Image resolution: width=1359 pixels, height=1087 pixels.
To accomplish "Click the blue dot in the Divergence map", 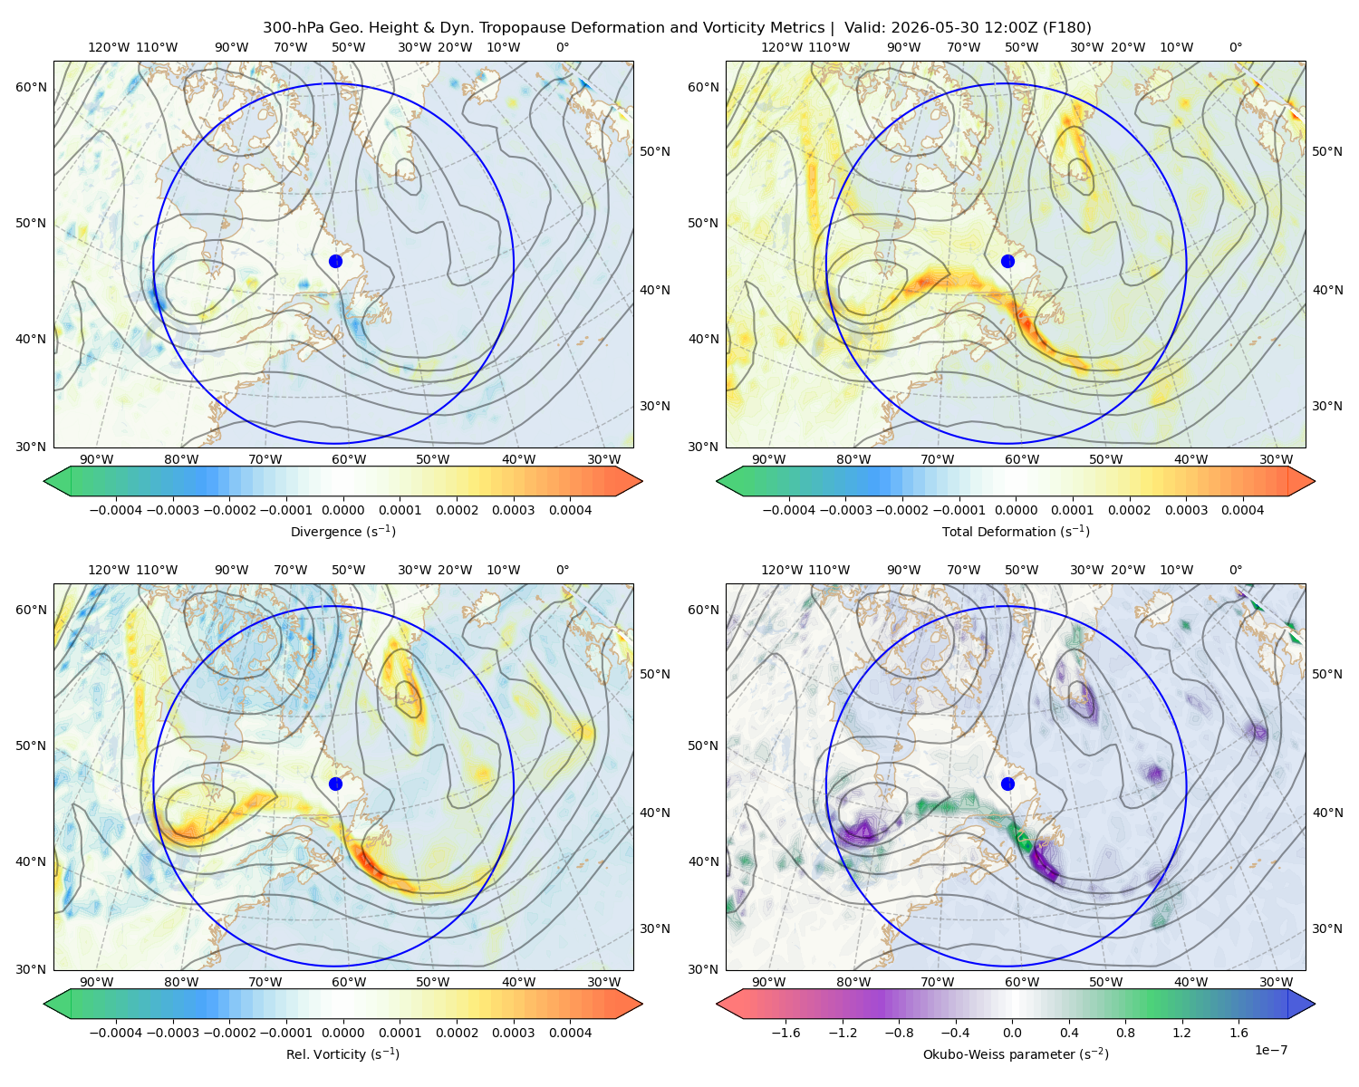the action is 335,261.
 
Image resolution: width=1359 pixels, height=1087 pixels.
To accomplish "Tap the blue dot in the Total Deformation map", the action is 1007,261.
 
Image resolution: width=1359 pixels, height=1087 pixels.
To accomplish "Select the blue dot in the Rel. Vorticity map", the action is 335,784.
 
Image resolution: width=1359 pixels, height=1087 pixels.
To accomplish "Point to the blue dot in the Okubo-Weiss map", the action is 1007,784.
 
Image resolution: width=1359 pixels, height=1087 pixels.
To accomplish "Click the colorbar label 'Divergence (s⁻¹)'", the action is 342,531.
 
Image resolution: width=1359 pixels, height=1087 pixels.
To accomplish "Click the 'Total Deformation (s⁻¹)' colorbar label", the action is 1016,531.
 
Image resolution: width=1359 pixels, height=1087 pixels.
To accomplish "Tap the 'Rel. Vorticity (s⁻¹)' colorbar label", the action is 342,1053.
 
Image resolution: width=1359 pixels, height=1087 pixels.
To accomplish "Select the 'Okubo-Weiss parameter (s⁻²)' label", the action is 1016,1053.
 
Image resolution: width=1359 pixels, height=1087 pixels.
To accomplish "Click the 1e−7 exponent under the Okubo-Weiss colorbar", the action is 1270,1050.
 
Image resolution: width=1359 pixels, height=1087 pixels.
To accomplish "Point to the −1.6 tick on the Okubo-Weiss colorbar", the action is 786,1032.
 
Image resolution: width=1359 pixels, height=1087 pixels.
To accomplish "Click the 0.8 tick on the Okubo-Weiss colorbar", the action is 1125,1032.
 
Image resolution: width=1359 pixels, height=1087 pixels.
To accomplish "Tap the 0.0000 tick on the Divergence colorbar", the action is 342,510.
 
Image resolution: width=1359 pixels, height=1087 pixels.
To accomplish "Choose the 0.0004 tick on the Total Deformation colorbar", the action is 1242,510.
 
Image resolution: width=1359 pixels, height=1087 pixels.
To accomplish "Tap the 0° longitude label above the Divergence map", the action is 563,47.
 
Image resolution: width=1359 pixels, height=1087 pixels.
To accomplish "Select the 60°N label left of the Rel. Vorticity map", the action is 31,610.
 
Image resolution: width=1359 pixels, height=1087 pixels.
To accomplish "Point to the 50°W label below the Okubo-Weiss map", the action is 1105,982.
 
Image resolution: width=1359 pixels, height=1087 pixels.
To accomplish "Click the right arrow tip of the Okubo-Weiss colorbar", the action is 1315,1004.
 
